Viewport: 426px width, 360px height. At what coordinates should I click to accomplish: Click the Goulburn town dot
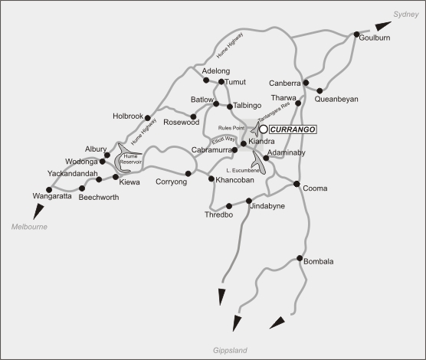click(x=356, y=34)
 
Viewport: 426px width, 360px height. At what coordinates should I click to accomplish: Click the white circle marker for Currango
click(x=264, y=130)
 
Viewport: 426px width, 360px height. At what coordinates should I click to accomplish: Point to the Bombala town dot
click(x=300, y=257)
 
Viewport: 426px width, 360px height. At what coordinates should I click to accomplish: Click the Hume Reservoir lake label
click(x=128, y=159)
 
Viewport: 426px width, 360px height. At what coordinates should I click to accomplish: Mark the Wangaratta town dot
click(x=48, y=189)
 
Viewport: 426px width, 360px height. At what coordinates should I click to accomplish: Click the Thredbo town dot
click(x=229, y=206)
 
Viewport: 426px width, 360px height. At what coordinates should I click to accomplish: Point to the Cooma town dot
click(x=297, y=182)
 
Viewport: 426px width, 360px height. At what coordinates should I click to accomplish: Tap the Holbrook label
click(x=128, y=116)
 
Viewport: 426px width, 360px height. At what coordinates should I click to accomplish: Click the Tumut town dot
click(x=221, y=81)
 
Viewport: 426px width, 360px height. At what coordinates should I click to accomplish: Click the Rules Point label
click(x=231, y=128)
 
